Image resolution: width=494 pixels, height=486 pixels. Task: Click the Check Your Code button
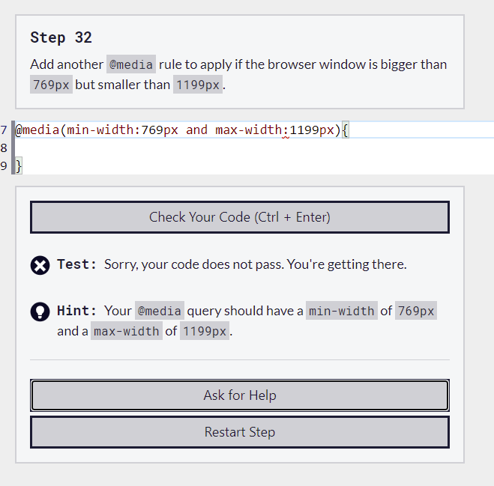pos(240,217)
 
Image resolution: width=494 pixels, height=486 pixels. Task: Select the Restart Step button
pos(240,432)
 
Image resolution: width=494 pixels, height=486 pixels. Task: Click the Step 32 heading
pos(61,37)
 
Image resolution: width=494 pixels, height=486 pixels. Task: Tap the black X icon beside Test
pos(40,265)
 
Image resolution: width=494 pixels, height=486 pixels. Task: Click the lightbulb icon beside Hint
pos(40,312)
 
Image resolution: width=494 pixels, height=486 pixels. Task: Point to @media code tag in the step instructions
pos(131,64)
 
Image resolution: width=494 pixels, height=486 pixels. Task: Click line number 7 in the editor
pos(4,130)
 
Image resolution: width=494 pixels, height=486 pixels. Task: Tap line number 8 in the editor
pos(4,148)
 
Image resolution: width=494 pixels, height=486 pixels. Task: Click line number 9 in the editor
pos(4,165)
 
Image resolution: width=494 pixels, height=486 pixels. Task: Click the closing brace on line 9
pos(19,166)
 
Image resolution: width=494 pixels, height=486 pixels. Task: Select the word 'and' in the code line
pos(196,130)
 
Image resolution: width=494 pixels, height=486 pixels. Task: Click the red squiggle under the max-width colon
pos(286,137)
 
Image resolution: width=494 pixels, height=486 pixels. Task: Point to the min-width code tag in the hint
pos(342,311)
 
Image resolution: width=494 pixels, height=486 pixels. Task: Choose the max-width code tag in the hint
pos(127,331)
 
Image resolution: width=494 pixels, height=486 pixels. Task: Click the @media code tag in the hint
pos(160,311)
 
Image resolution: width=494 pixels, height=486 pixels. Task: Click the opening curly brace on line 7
pos(346,130)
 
